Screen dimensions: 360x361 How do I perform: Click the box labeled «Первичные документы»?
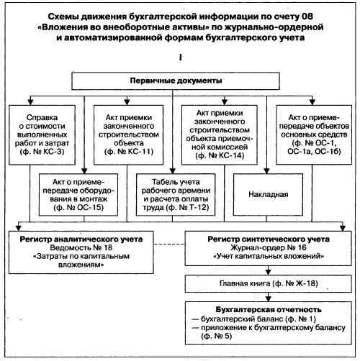coord(176,81)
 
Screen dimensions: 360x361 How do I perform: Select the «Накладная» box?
coord(268,194)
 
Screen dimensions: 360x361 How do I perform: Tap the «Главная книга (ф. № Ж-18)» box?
coord(269,283)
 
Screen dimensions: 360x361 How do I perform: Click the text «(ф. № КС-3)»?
coord(42,152)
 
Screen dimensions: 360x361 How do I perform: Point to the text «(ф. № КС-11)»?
coord(129,152)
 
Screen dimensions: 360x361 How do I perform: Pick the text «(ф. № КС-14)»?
coord(220,155)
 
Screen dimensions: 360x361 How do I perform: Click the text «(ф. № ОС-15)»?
coord(78,207)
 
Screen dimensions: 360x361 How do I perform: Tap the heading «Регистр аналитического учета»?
coord(81,239)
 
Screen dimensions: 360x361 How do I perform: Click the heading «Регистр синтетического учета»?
coord(269,239)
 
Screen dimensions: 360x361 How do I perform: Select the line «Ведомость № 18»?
coord(81,247)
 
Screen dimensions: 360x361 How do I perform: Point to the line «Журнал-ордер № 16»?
coord(269,247)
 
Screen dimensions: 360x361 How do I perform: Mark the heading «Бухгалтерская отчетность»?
coord(269,309)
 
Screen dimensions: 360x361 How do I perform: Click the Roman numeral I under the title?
coord(180,58)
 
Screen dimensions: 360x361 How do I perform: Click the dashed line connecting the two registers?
coord(169,245)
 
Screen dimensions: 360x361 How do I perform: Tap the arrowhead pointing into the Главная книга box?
coord(269,272)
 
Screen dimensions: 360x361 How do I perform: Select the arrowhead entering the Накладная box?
coord(266,170)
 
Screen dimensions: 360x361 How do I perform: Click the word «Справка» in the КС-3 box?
coord(42,117)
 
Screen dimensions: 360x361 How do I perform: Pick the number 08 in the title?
coord(307,17)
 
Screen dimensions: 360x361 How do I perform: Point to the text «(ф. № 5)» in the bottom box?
coord(217,336)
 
